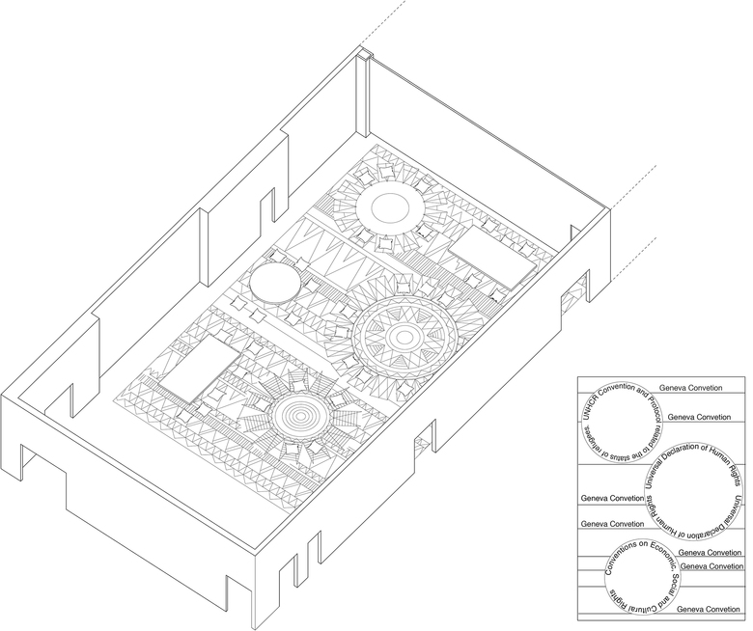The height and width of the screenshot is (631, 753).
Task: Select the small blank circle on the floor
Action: pyautogui.click(x=274, y=286)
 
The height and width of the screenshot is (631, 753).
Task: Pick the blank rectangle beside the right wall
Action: pyautogui.click(x=491, y=258)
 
